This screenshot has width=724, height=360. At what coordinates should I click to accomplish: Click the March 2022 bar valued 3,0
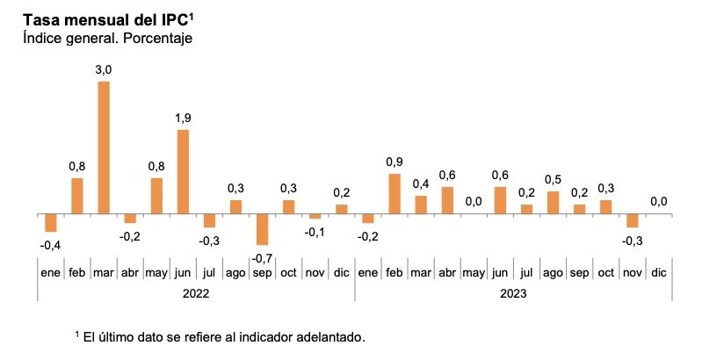pyautogui.click(x=104, y=148)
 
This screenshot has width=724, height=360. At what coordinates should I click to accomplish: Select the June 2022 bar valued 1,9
pyautogui.click(x=183, y=171)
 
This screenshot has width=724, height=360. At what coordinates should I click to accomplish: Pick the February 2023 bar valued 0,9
pyautogui.click(x=394, y=193)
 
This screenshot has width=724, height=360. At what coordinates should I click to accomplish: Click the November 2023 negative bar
pyautogui.click(x=631, y=220)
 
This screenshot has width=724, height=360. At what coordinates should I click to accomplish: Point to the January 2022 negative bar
pyautogui.click(x=50, y=222)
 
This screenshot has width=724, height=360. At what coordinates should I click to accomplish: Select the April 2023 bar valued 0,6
pyautogui.click(x=447, y=200)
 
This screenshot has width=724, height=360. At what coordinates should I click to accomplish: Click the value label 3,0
pyautogui.click(x=104, y=69)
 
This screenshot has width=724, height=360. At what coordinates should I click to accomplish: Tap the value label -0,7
pyautogui.click(x=262, y=258)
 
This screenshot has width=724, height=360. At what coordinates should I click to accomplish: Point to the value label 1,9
pyautogui.click(x=183, y=118)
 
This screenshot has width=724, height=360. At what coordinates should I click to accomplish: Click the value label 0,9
pyautogui.click(x=394, y=162)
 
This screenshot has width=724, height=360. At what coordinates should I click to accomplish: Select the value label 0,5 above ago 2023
pyautogui.click(x=553, y=179)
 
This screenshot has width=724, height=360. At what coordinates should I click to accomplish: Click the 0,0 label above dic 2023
pyautogui.click(x=658, y=201)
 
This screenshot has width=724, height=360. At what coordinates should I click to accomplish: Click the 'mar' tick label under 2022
pyautogui.click(x=104, y=273)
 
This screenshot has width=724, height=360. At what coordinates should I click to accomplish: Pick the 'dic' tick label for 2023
pyautogui.click(x=658, y=273)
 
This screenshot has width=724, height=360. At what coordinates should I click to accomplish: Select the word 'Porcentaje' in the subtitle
pyautogui.click(x=158, y=38)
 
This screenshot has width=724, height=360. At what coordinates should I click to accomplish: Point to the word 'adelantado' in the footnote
pyautogui.click(x=326, y=337)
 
